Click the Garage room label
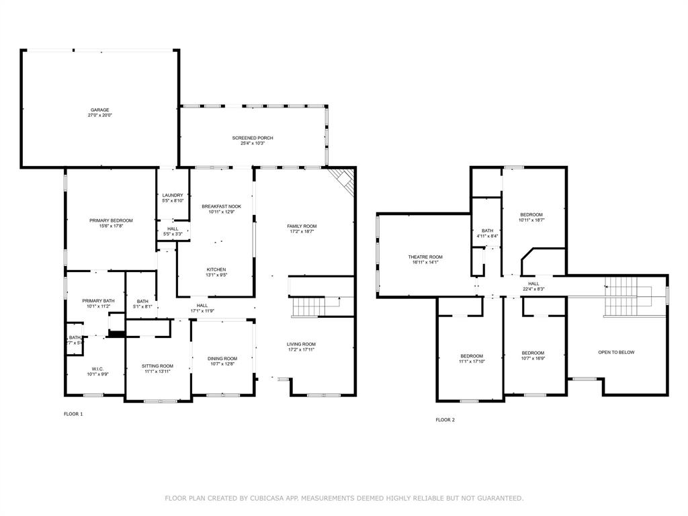(100, 110)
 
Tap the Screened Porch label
(253, 138)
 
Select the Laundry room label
(173, 196)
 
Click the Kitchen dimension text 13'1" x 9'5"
(216, 275)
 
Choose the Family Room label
(302, 226)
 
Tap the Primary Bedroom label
(111, 220)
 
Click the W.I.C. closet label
(95, 368)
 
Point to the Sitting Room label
(158, 366)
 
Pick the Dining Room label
(222, 359)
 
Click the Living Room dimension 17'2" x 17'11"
(302, 349)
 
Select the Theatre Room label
(425, 257)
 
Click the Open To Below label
(616, 352)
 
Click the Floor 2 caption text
(445, 420)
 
